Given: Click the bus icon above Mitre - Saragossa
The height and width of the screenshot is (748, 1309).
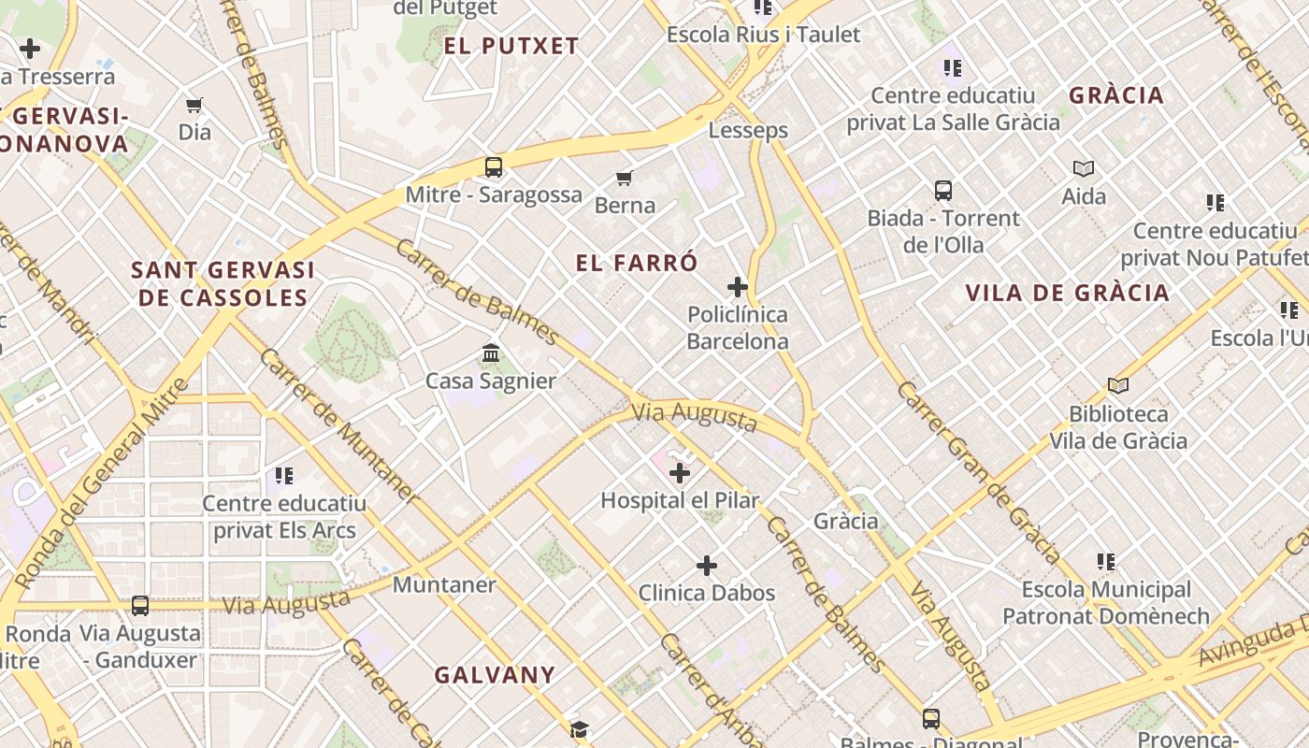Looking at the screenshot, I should coord(494,168).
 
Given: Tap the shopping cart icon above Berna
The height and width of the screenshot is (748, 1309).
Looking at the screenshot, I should coord(624,178).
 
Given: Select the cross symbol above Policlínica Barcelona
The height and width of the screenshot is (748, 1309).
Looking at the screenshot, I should coord(738,286).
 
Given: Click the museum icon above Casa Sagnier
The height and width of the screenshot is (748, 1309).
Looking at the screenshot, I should coord(491,353).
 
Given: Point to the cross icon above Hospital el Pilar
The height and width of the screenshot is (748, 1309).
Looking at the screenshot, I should coord(680,473).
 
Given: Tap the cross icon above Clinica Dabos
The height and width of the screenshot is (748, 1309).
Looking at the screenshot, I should coord(707,566).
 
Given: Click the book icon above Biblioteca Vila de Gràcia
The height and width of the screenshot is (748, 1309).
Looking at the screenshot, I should coord(1117,385).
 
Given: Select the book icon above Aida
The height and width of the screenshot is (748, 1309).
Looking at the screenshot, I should coord(1084,169).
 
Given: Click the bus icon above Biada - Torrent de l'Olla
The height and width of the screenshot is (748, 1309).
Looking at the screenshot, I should coord(943,191).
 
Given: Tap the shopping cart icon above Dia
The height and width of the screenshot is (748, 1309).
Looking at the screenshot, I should coord(194,105).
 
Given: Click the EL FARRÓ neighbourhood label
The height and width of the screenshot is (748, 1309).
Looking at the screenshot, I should coord(637,263).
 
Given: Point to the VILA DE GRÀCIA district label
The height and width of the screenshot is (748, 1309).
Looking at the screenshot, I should coord(1067,293).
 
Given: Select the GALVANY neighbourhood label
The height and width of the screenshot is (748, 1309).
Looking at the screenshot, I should coord(495,674).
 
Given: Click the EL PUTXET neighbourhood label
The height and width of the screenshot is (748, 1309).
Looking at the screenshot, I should coord(511,46).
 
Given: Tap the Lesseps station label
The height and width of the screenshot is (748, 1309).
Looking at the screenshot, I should coord(748,130).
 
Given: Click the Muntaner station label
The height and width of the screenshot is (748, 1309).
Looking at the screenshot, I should coord(444,584).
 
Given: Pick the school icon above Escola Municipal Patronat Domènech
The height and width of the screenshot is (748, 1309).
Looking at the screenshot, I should coord(1106,562).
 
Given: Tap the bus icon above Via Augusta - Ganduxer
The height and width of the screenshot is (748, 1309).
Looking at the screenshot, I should coord(140,606).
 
